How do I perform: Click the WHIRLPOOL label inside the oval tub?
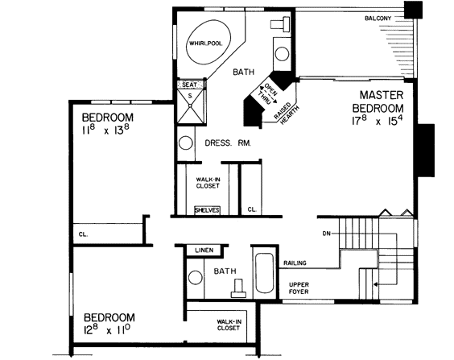[x=204, y=43]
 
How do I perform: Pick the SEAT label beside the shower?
[x=189, y=85]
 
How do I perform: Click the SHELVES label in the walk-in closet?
[x=207, y=210]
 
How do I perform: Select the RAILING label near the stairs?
[x=295, y=263]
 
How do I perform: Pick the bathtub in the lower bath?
[x=264, y=275]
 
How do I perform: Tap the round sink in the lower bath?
[x=194, y=279]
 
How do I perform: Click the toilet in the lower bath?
[x=237, y=287]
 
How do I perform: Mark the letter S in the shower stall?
[x=190, y=95]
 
